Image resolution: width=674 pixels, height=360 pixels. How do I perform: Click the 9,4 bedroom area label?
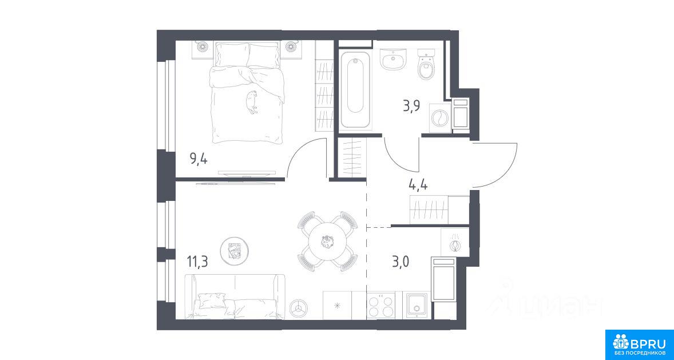click(199, 160)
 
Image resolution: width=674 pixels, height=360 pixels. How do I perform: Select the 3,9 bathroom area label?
click(411, 106)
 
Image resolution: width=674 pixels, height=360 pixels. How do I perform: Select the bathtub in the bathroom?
click(355, 89)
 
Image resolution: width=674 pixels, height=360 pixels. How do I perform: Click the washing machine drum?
click(440, 117)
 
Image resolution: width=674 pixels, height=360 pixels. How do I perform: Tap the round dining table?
click(327, 242)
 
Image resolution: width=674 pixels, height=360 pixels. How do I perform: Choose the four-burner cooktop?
click(380, 306)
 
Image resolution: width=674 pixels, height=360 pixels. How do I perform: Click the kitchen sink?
click(417, 305)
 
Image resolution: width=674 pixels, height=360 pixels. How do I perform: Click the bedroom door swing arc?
click(302, 151)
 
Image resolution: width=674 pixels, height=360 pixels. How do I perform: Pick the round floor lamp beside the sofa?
click(299, 307)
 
